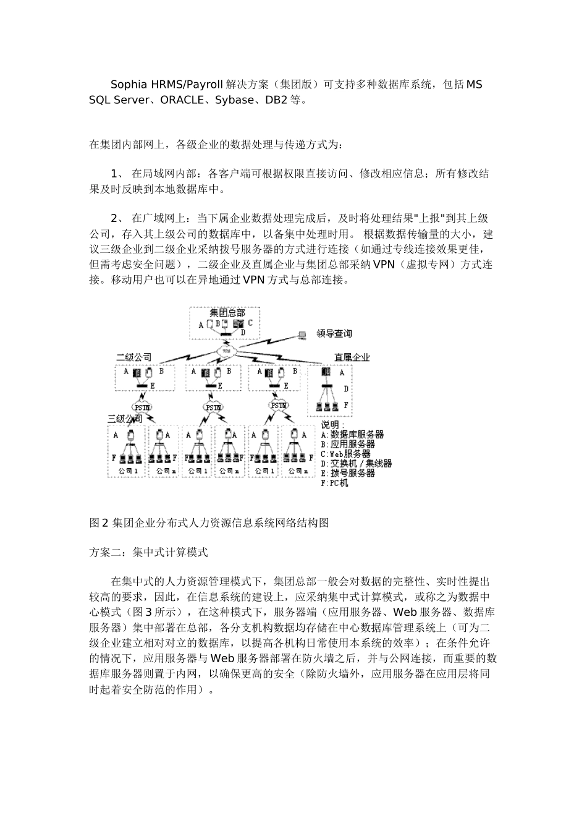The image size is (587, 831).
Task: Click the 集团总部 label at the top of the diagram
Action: [227, 313]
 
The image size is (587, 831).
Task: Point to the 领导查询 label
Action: [334, 334]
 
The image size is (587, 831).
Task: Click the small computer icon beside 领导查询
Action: [302, 335]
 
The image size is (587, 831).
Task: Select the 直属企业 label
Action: [352, 357]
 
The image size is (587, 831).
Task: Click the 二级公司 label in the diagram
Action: [133, 357]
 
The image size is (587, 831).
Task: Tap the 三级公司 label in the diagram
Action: [125, 419]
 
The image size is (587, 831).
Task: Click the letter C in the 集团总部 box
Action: [250, 323]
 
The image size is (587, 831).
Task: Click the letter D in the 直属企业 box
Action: [345, 389]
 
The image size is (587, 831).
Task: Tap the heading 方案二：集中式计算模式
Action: [148, 552]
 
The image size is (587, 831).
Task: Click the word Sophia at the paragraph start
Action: [129, 84]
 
